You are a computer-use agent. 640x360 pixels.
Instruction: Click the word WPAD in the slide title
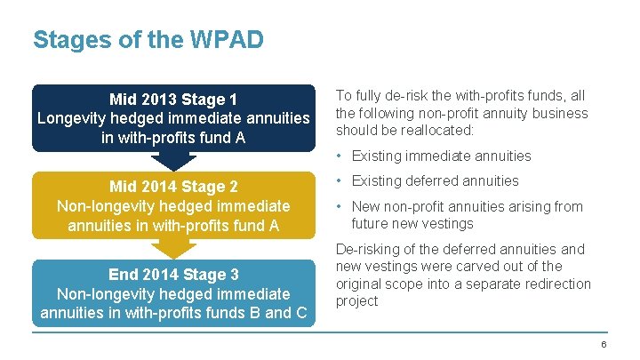coord(232,40)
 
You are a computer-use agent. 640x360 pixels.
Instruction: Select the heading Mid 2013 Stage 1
coord(173,98)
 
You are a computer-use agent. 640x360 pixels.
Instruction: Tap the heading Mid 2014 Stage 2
coord(173,187)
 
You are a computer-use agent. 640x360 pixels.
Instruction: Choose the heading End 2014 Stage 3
coord(173,275)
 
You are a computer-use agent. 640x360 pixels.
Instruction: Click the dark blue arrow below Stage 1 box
coord(173,161)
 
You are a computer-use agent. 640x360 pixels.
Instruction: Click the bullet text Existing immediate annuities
coord(441,156)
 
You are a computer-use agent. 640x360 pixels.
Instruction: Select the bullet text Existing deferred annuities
coord(435,180)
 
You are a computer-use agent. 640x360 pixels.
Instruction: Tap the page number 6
coord(604,344)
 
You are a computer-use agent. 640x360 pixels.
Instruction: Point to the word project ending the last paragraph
coord(356,300)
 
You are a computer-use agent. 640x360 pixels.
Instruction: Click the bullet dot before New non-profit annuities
coord(340,207)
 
